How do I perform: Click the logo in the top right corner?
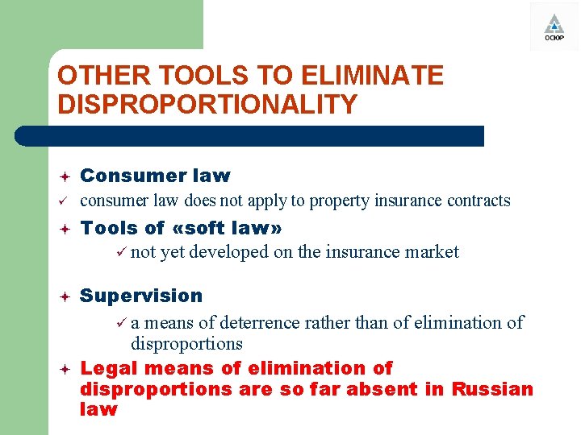pos(554,27)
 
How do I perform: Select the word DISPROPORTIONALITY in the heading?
pos(207,105)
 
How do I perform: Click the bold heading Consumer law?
pos(155,176)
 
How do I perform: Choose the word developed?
pos(228,252)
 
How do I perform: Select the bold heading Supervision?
pos(141,296)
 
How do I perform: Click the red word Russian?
pos(492,389)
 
